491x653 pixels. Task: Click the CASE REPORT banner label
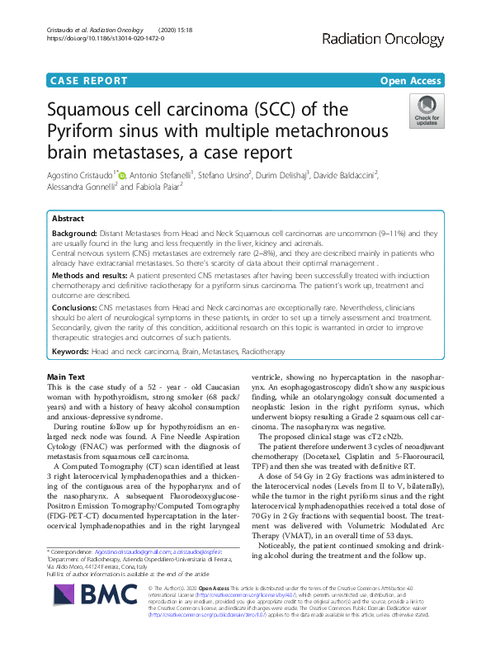tap(89, 81)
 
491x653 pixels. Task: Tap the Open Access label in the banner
tap(411, 81)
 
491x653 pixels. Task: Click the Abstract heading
tap(68, 219)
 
